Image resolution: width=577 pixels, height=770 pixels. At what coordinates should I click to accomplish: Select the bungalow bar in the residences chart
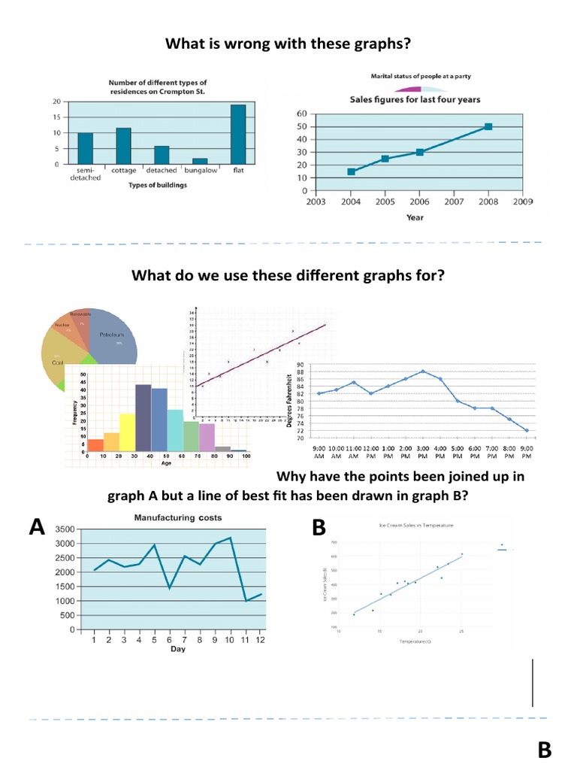(200, 161)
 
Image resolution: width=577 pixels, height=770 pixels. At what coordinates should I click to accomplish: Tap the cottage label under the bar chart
(123, 171)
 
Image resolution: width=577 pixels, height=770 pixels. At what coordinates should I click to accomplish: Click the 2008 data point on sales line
(488, 126)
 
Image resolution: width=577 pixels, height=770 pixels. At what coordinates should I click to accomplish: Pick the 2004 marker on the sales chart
(352, 172)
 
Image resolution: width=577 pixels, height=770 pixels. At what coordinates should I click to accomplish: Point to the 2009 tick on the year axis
(522, 202)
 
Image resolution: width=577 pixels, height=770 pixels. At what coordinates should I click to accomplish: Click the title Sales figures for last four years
(415, 99)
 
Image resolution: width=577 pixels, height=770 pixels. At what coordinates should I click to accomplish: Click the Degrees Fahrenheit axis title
(290, 399)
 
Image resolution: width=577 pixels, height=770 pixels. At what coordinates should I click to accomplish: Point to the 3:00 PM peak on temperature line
(423, 371)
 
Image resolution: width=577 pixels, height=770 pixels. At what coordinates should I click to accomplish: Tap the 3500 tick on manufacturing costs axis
(65, 529)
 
